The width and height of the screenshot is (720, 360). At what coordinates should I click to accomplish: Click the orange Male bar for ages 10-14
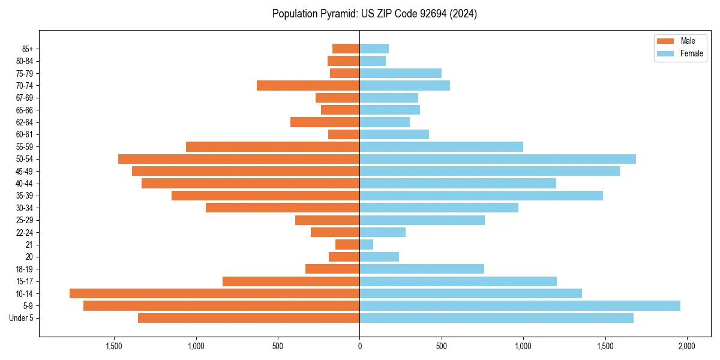pyautogui.click(x=214, y=293)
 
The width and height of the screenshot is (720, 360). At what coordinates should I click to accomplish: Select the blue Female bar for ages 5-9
pyautogui.click(x=520, y=305)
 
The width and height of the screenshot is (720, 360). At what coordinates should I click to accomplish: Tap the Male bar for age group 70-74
pyautogui.click(x=308, y=86)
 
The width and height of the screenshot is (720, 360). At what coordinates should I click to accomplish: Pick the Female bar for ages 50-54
pyautogui.click(x=497, y=159)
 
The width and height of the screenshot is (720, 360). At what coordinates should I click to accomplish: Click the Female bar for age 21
pyautogui.click(x=366, y=244)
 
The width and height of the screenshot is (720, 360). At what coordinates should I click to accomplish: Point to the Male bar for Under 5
pyautogui.click(x=248, y=318)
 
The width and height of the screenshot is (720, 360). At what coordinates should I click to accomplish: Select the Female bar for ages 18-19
pyautogui.click(x=422, y=269)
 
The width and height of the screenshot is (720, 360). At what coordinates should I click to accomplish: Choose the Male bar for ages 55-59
pyautogui.click(x=272, y=146)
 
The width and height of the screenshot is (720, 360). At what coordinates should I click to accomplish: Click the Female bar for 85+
pyautogui.click(x=374, y=49)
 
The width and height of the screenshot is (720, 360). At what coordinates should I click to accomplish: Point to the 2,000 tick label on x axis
pyautogui.click(x=686, y=346)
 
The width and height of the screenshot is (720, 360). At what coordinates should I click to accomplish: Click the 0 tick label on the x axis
pyautogui.click(x=359, y=346)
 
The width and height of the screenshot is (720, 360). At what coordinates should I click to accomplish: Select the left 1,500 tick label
pyautogui.click(x=114, y=346)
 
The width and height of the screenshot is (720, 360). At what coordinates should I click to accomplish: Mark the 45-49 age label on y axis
pyautogui.click(x=24, y=171)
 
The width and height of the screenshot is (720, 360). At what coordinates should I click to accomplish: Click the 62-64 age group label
pyautogui.click(x=24, y=122)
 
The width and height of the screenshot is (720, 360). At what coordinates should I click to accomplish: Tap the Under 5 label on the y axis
pyautogui.click(x=22, y=318)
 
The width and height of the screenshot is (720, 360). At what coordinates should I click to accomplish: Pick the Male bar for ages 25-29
pyautogui.click(x=327, y=220)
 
